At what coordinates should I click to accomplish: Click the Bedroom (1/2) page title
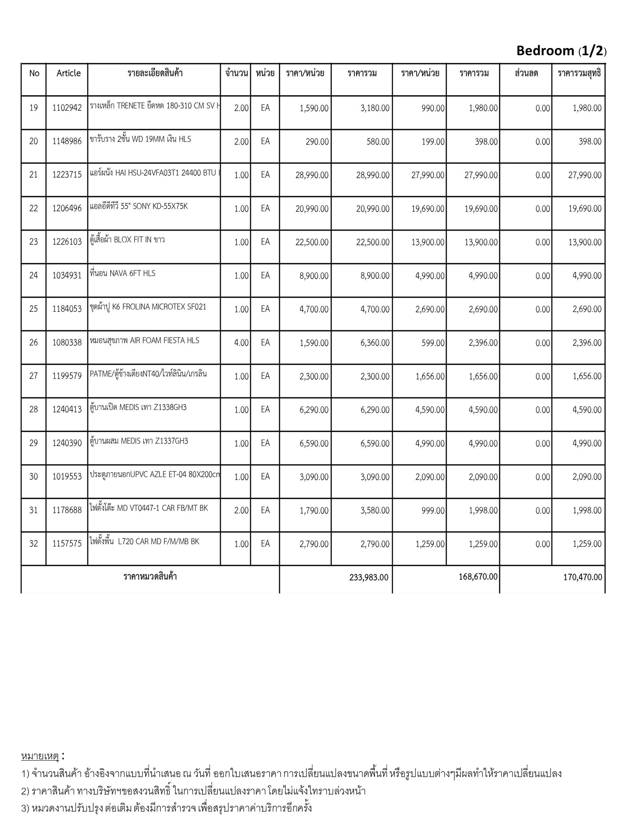561,51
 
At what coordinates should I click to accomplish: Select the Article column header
68,73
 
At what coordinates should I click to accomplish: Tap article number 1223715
67,175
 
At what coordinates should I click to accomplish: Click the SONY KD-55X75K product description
139,206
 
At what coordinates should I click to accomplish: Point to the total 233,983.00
369,577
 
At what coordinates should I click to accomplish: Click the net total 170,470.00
583,577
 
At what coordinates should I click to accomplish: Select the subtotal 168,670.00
478,576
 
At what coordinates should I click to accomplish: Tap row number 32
34,544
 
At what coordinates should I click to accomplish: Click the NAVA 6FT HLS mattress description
122,273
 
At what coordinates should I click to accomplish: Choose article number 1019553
67,477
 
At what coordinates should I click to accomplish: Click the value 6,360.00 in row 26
375,343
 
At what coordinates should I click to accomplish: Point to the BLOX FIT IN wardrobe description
127,240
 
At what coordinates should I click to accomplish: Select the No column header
34,73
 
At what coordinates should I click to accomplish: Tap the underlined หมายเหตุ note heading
40,756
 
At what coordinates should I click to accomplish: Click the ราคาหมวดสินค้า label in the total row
150,576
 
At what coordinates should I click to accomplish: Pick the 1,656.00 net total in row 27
587,377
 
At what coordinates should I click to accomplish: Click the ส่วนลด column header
526,73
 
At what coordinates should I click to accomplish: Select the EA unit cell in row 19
265,108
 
